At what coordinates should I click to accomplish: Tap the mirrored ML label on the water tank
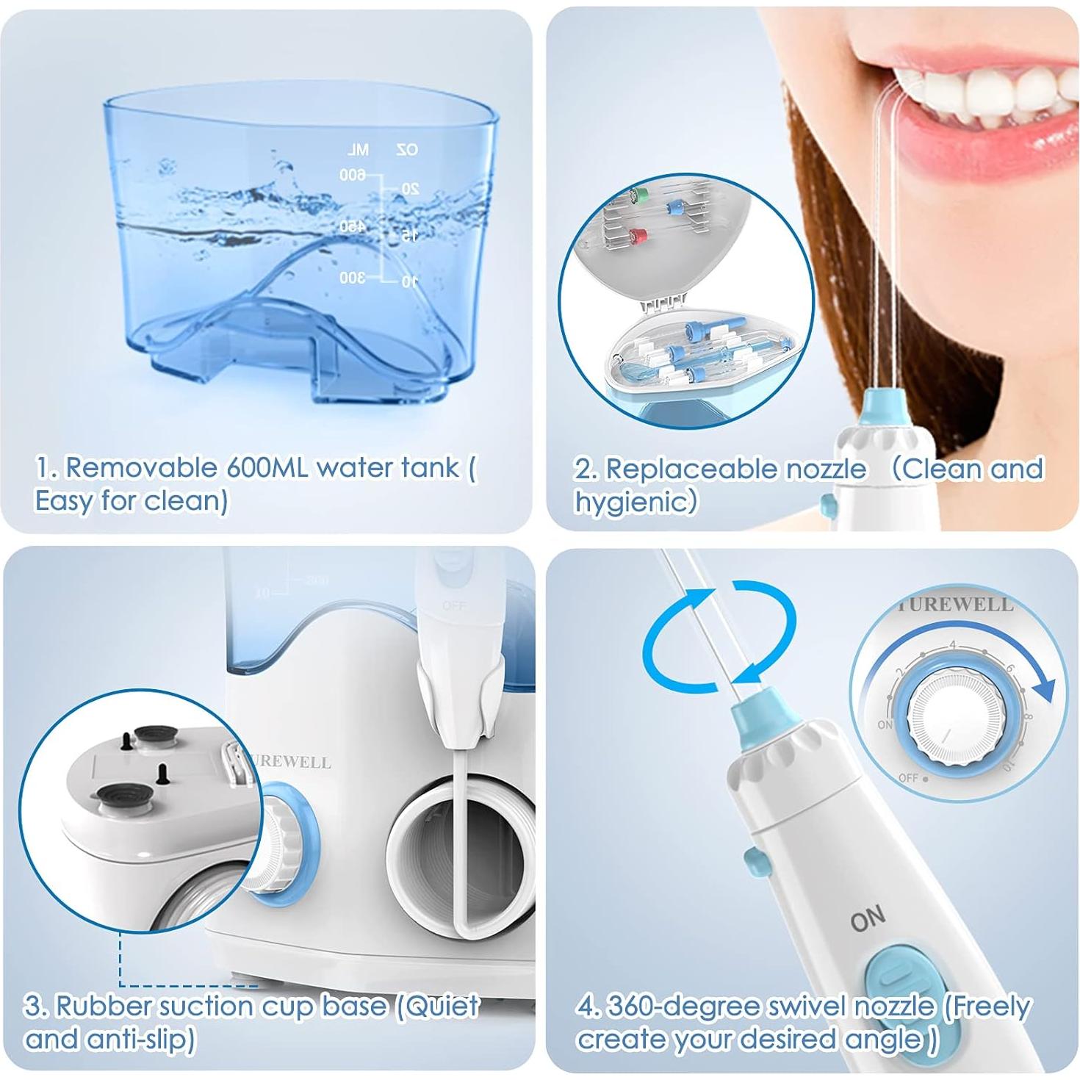coord(358,151)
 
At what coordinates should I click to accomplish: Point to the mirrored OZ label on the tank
coord(406,150)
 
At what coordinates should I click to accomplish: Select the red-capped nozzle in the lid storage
coord(637,235)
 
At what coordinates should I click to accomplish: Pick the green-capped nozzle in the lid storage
coord(631,195)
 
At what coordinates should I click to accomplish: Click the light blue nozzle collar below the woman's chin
coord(886,403)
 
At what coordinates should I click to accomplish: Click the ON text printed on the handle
coord(868,919)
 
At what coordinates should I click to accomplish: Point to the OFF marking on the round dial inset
coord(908,777)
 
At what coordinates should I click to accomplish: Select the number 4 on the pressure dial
coord(953,646)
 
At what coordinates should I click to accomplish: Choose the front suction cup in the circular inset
coord(121,795)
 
